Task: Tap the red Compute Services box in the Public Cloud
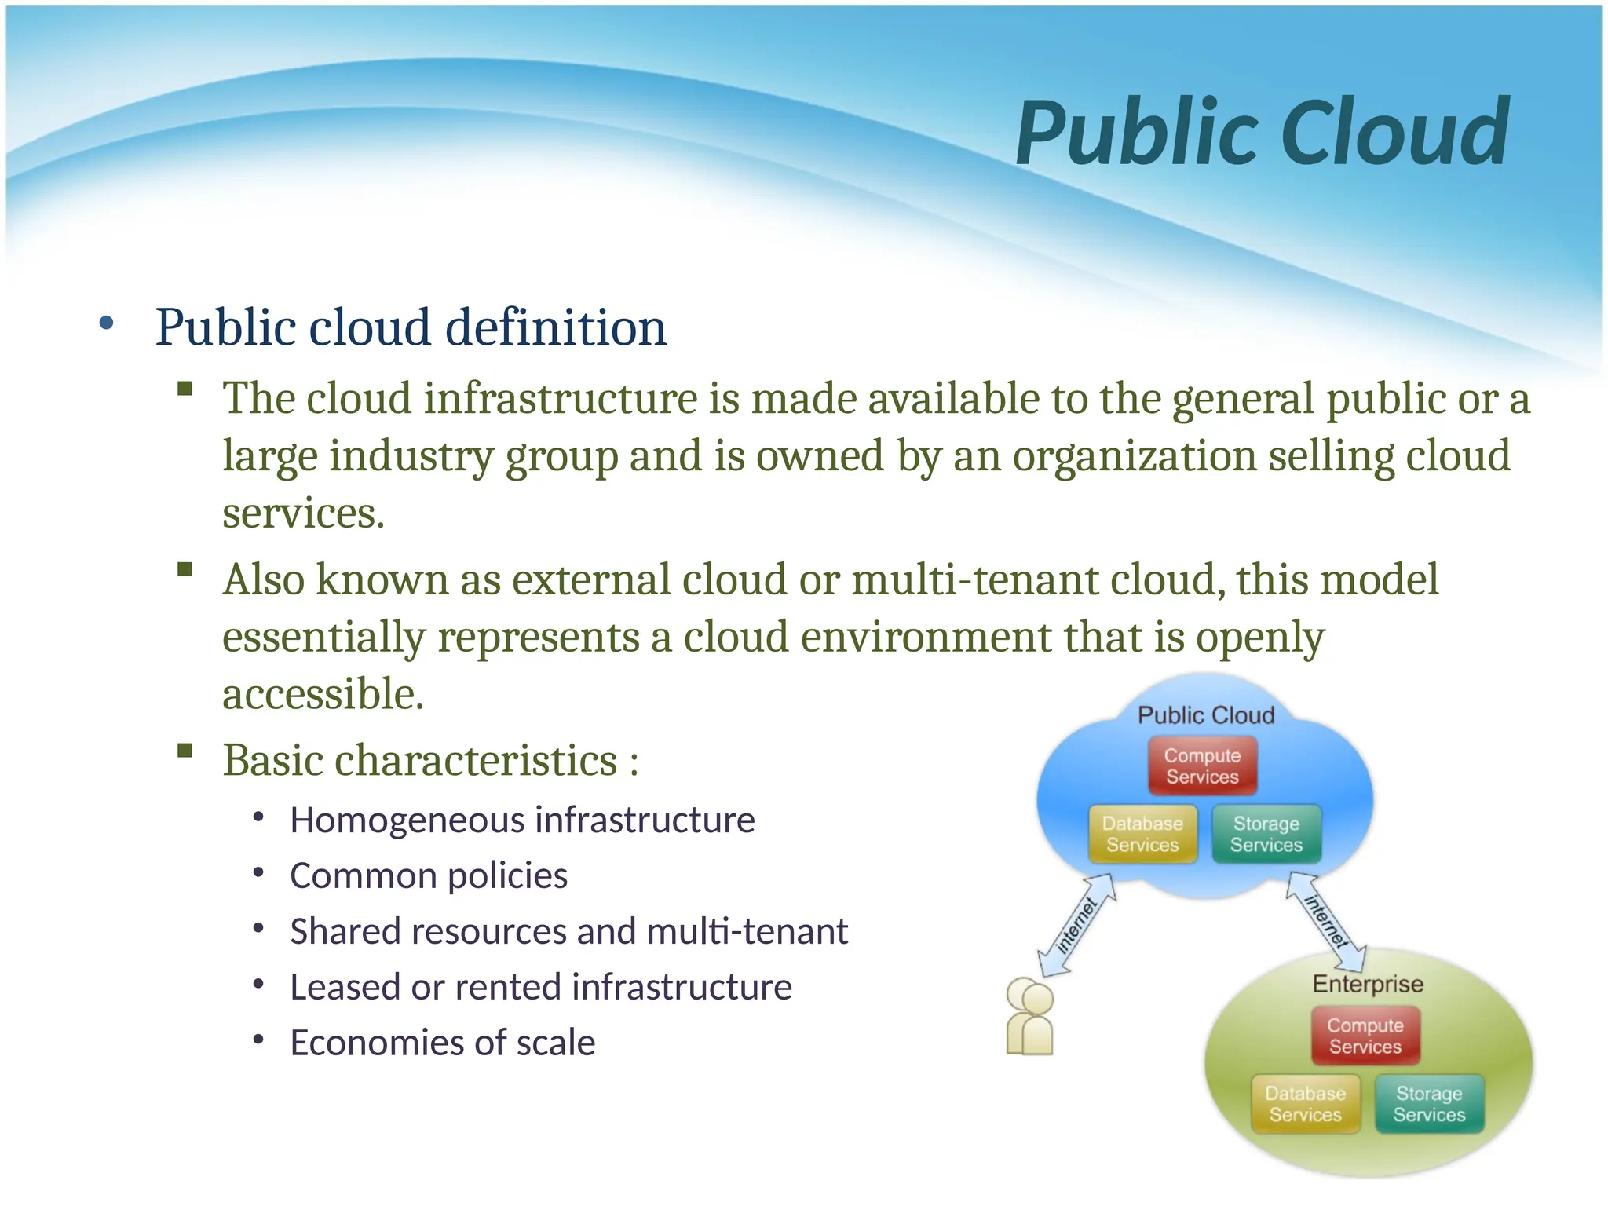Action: click(1202, 766)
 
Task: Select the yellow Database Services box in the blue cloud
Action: click(1142, 834)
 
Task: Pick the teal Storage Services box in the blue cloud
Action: click(1266, 834)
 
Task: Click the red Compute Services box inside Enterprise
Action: click(1365, 1036)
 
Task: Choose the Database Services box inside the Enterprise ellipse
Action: click(1305, 1104)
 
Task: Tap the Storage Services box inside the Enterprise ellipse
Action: click(1429, 1104)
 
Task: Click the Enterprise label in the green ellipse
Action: click(1368, 984)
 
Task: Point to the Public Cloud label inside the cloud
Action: click(1206, 715)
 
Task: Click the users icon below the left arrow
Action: click(1029, 1016)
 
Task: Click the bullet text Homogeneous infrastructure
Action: click(522, 820)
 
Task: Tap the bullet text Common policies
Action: click(428, 875)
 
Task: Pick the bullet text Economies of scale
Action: click(442, 1043)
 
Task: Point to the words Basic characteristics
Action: click(420, 760)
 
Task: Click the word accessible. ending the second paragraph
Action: click(323, 694)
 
